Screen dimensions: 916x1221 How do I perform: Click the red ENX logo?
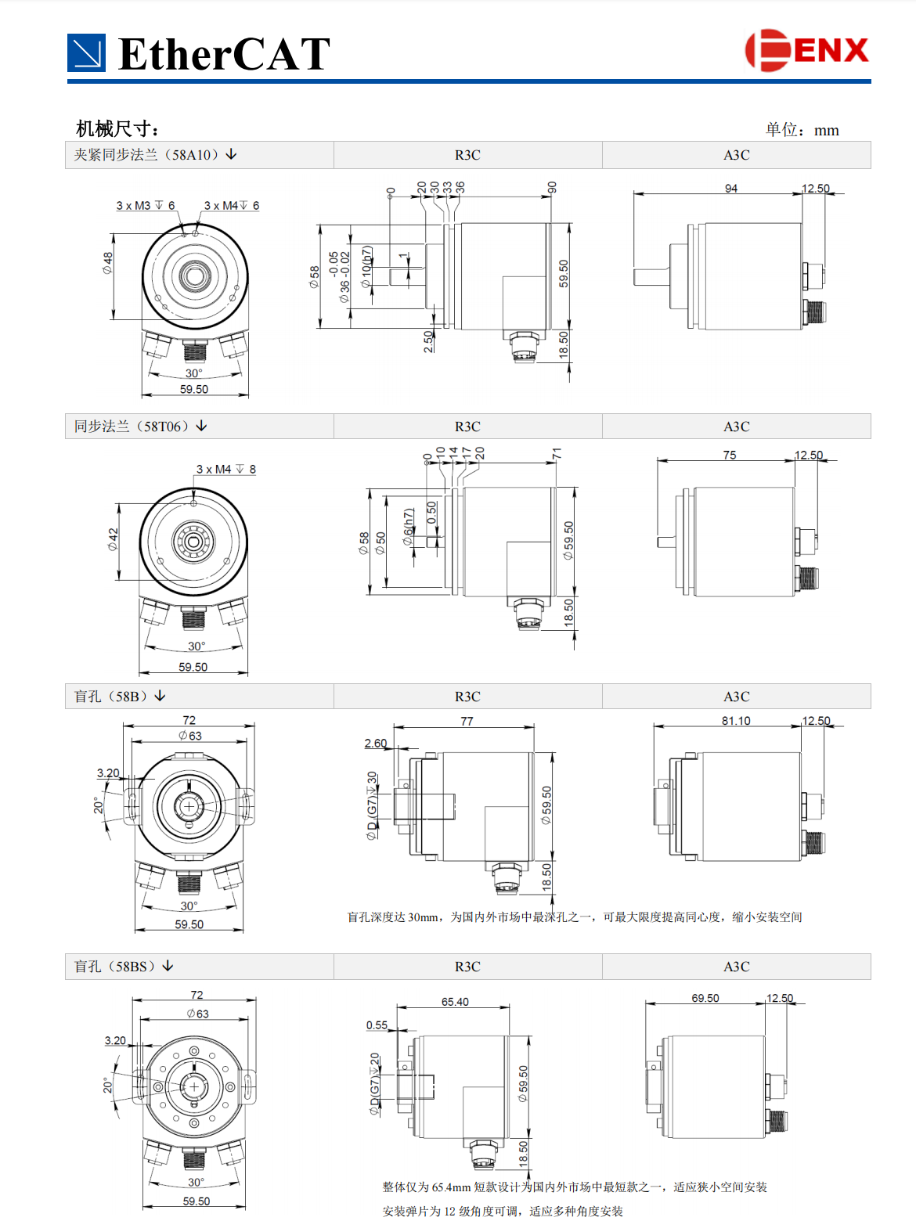(806, 50)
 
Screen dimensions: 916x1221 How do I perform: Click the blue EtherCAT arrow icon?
(86, 53)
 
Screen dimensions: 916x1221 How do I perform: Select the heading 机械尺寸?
(117, 128)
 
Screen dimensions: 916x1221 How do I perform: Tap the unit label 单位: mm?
(802, 130)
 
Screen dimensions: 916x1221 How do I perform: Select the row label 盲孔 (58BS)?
(124, 966)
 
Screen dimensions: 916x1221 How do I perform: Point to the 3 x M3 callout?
(146, 205)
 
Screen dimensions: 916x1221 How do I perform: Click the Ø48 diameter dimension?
(107, 262)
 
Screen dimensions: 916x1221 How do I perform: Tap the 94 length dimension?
(730, 189)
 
